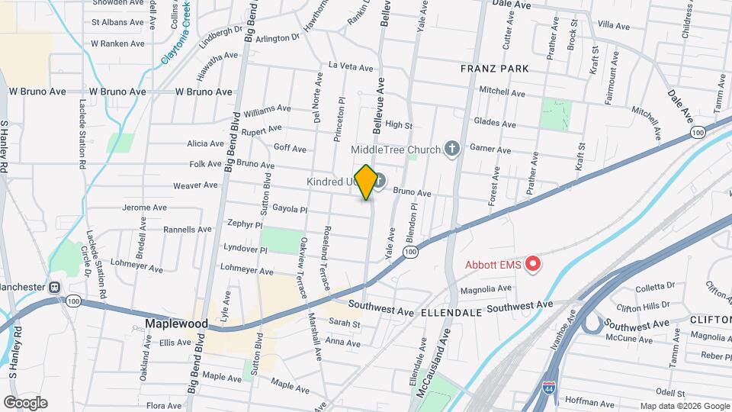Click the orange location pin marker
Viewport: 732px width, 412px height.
click(x=366, y=182)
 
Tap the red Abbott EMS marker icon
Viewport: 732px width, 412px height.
click(x=533, y=265)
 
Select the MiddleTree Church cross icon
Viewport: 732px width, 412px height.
click(x=451, y=149)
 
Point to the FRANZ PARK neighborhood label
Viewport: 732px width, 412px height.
click(x=494, y=69)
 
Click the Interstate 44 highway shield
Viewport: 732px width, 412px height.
click(x=550, y=388)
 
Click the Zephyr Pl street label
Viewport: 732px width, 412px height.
click(x=245, y=225)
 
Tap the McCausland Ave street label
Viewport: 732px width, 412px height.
click(x=446, y=366)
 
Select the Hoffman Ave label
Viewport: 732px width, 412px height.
click(x=607, y=399)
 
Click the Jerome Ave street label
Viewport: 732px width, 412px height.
click(x=144, y=208)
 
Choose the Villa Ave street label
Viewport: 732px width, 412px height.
click(x=614, y=26)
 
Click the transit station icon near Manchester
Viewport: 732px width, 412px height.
click(x=55, y=288)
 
